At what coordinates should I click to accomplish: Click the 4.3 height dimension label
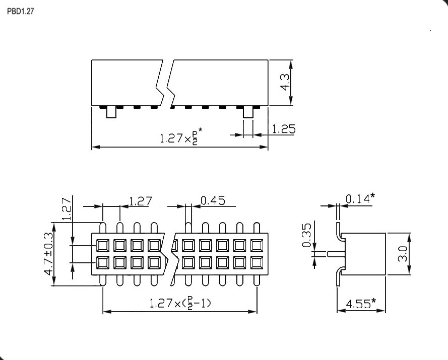(x=285, y=83)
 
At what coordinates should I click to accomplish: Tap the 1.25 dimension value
(x=283, y=129)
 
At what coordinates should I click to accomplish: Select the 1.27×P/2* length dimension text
(x=181, y=138)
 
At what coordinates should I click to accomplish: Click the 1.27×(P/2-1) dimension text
(x=180, y=304)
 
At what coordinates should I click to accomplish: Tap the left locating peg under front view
(x=111, y=113)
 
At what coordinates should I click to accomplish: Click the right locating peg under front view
(x=248, y=113)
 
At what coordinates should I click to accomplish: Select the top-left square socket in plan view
(x=103, y=246)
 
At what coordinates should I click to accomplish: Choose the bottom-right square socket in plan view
(x=256, y=263)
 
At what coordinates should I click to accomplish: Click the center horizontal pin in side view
(x=336, y=254)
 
